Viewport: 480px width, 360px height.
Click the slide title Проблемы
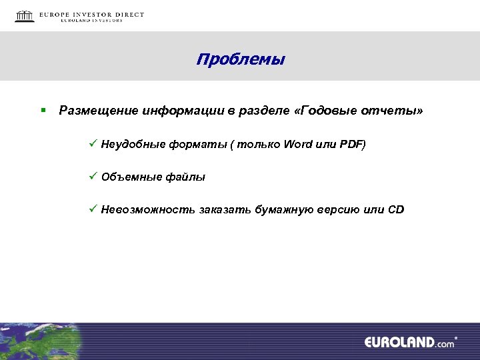pos(240,60)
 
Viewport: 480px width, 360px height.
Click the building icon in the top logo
pos(25,16)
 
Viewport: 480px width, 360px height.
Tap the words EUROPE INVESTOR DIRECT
pos(91,14)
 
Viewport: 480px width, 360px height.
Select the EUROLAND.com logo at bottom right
pos(409,343)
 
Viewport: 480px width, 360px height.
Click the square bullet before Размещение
pos(42,109)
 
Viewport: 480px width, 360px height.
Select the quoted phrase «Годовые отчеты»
pos(362,110)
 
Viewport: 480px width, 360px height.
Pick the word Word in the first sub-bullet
pos(298,144)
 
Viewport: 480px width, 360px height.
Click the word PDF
pos(351,144)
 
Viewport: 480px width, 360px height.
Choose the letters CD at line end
pos(396,210)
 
